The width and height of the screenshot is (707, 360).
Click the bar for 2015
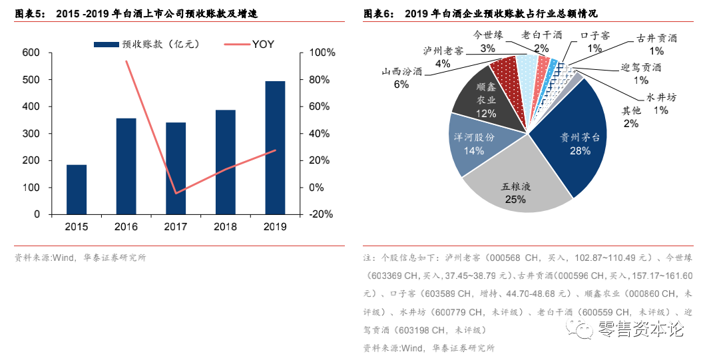coord(77,190)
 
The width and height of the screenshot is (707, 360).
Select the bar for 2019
coord(275,148)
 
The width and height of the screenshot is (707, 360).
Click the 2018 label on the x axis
coord(225,227)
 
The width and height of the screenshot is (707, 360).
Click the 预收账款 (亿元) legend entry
coord(147,45)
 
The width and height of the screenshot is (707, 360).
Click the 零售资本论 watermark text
coord(640,328)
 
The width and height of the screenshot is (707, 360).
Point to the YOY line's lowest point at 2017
coord(176,193)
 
